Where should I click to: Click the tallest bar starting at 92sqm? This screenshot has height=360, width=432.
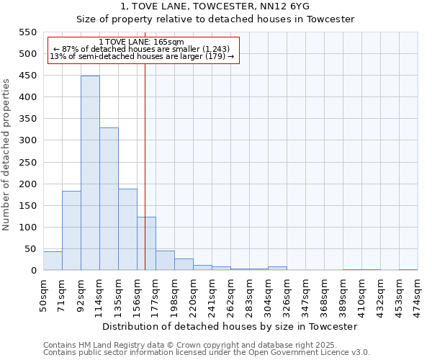point(90,173)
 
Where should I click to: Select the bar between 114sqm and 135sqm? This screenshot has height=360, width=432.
point(109,199)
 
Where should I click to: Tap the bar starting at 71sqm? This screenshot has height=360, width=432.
point(71,230)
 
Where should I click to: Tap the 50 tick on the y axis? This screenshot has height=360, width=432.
point(30,249)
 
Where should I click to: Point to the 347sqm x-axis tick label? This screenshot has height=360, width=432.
point(305,295)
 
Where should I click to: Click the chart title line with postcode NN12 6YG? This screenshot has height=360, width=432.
point(215,6)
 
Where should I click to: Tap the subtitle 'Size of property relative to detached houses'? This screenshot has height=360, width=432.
point(215,19)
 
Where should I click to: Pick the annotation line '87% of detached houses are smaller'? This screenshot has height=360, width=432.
point(141,50)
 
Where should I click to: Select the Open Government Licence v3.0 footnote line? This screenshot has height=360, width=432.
point(207,353)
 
